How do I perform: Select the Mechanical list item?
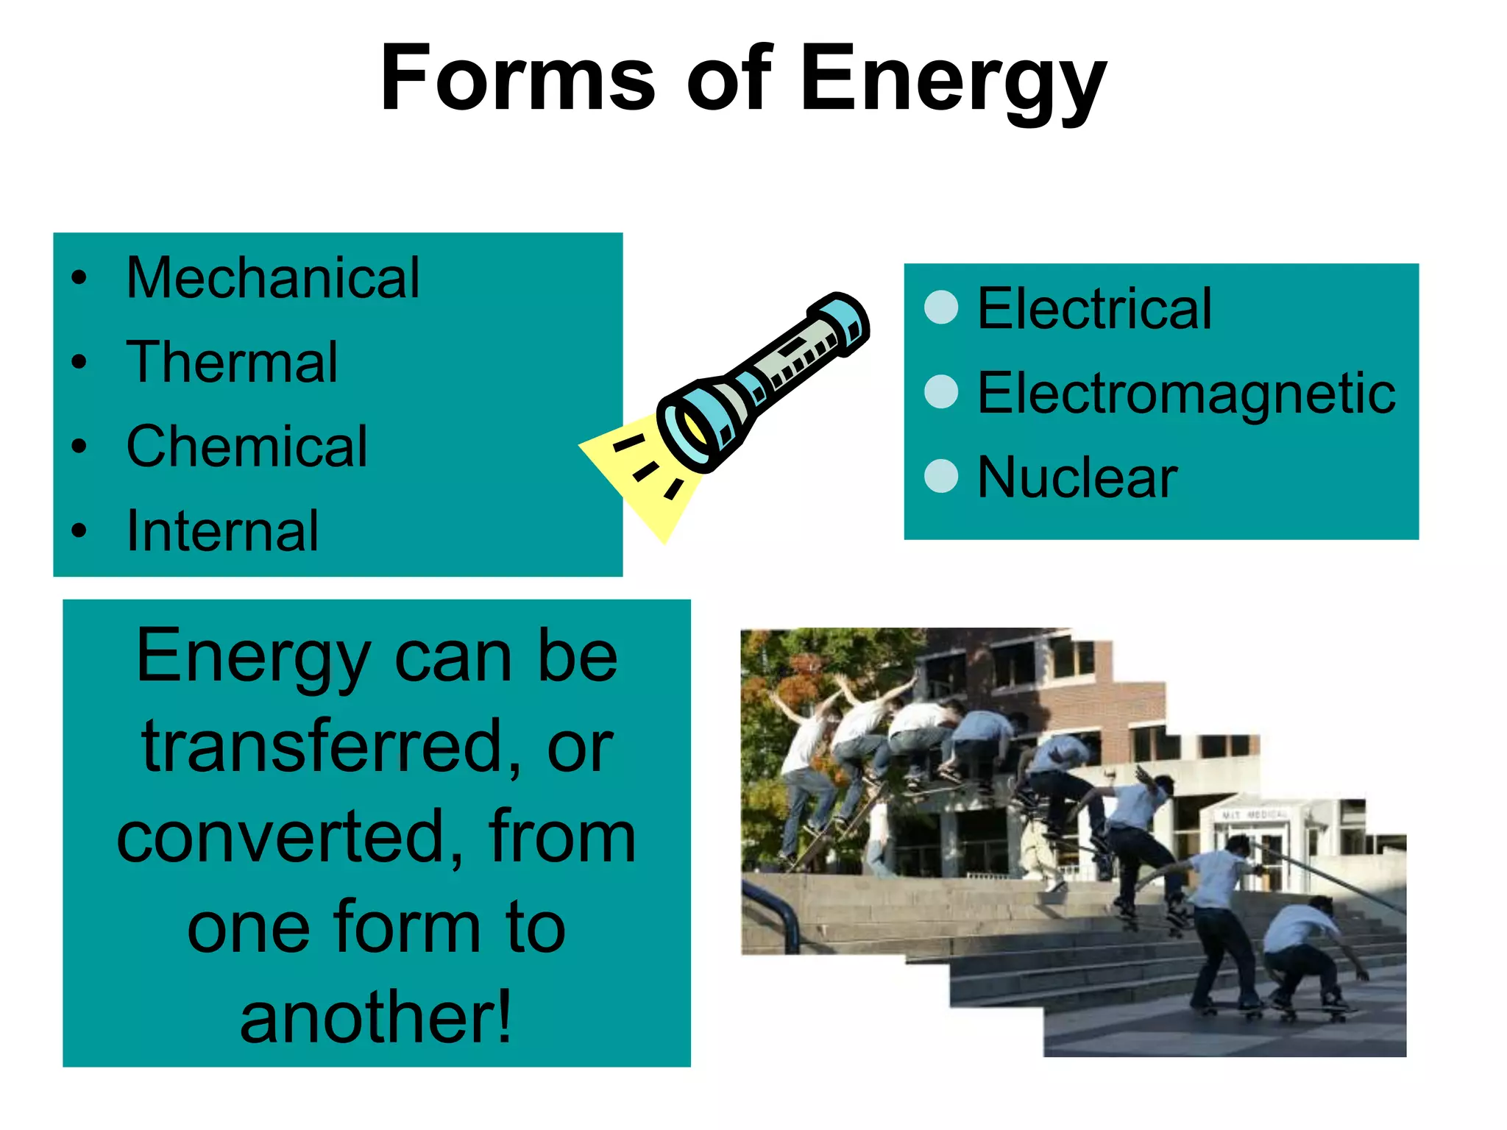point(273,278)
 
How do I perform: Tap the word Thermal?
point(232,362)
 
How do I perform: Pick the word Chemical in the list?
point(247,447)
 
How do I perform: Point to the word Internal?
point(222,530)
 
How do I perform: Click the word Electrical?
point(1094,308)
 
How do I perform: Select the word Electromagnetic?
point(1185,393)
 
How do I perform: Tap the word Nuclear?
point(1077,477)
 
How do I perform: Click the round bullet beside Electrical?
point(941,308)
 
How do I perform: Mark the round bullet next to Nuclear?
point(941,476)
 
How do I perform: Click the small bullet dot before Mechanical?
point(79,278)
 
